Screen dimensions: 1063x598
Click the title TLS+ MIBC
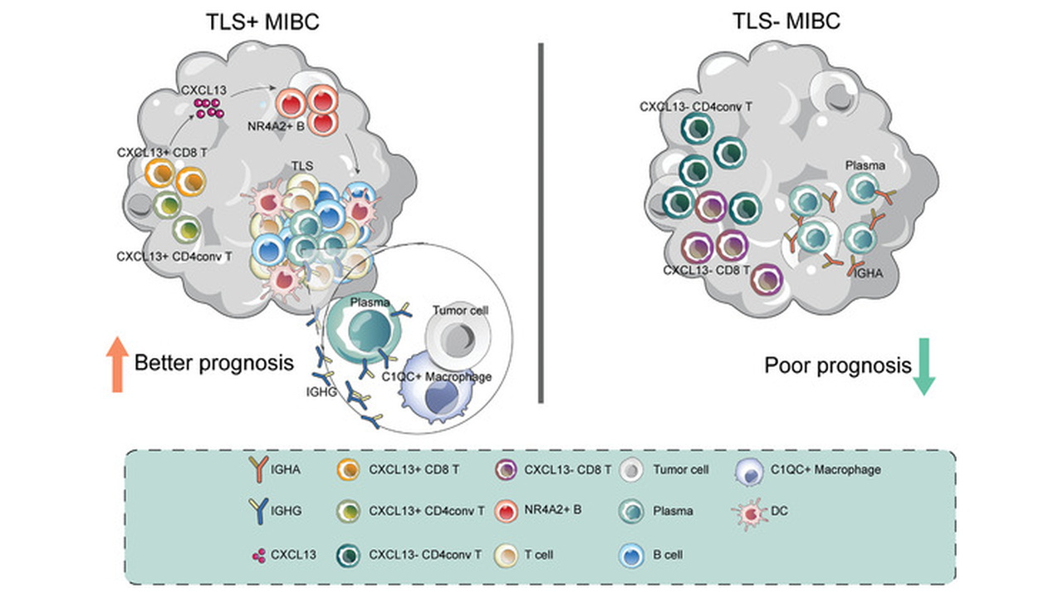tap(262, 22)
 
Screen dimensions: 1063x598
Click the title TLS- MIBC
tap(786, 21)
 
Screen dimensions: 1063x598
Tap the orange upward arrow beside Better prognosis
tap(117, 365)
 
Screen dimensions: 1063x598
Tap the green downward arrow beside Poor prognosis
tap(923, 366)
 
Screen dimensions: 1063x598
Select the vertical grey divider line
tap(541, 223)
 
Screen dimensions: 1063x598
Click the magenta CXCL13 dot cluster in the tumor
tap(208, 108)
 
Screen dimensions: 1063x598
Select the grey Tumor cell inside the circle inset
tap(458, 337)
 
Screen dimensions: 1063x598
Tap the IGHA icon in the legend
tap(258, 469)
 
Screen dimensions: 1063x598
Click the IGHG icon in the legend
tap(258, 511)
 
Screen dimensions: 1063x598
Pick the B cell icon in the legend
tap(632, 556)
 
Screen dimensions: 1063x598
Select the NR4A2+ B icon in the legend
tap(506, 511)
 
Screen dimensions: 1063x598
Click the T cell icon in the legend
tap(506, 556)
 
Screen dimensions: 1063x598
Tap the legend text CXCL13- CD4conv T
tap(425, 554)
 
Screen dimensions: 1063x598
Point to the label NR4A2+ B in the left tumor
tap(276, 126)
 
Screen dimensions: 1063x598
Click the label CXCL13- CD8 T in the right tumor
tap(706, 270)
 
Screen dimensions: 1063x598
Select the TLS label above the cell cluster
tap(302, 166)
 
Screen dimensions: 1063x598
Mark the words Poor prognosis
tap(838, 366)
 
